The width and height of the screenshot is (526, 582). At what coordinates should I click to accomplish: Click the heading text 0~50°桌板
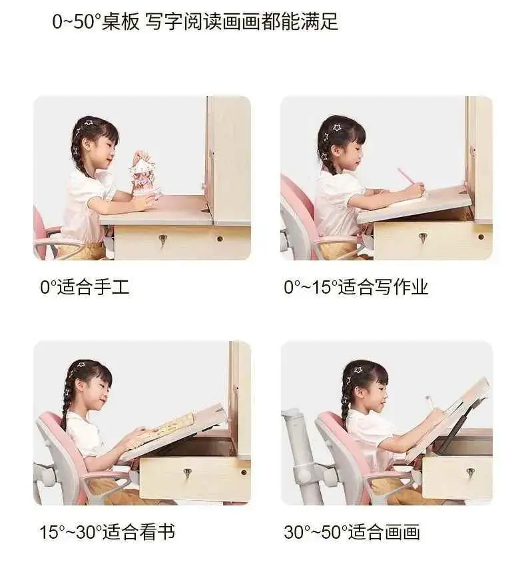(96, 21)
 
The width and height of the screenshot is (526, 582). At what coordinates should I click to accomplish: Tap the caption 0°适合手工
(85, 287)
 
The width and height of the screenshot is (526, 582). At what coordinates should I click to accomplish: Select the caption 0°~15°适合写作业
(356, 287)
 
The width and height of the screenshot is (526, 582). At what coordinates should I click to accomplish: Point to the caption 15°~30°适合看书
(107, 531)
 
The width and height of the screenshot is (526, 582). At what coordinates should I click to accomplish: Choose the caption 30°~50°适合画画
(352, 531)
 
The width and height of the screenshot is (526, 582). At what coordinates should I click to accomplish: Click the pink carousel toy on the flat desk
(145, 174)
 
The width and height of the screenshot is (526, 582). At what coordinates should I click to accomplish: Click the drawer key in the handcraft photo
(162, 240)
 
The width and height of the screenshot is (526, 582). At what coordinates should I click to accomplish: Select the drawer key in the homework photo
(423, 238)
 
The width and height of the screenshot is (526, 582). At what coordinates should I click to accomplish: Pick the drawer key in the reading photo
(188, 474)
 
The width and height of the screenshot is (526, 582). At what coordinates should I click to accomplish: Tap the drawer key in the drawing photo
(471, 473)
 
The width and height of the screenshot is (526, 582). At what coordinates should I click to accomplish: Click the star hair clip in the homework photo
(337, 128)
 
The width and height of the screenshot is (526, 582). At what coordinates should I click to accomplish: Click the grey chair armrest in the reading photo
(108, 483)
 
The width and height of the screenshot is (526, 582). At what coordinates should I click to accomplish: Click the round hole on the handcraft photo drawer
(220, 239)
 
